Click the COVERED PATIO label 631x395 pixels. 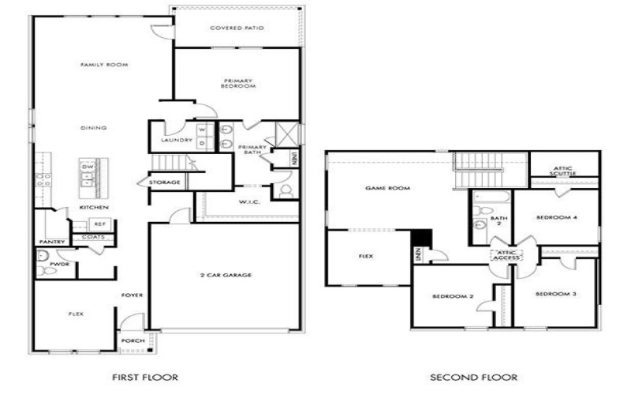click(x=237, y=28)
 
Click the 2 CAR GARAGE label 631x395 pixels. click(x=225, y=275)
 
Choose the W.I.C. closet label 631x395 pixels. click(x=250, y=201)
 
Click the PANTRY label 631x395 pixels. click(x=52, y=242)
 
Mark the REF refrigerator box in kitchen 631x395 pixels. click(x=99, y=224)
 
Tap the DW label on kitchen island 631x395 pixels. click(x=88, y=167)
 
